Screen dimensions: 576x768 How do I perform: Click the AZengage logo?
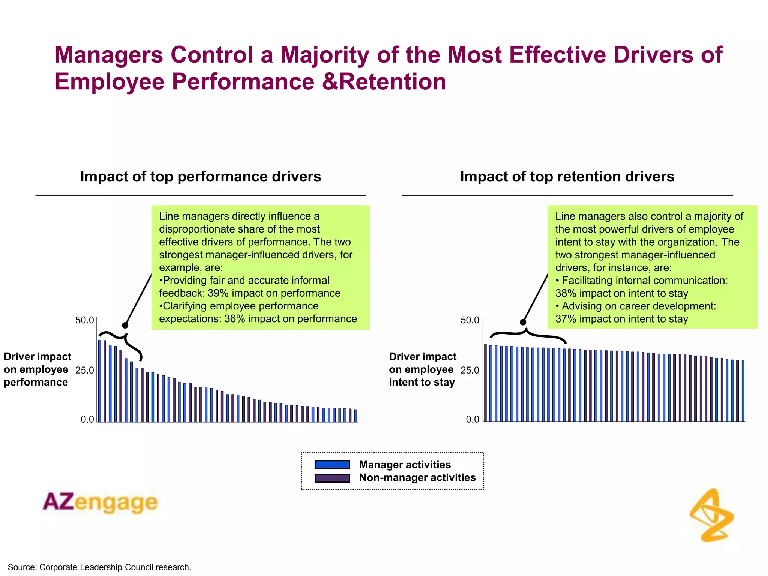coord(100,502)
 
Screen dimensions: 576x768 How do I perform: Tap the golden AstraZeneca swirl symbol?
coord(711,516)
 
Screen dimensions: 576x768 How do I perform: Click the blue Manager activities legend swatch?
coord(332,465)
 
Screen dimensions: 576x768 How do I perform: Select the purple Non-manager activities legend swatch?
coord(332,478)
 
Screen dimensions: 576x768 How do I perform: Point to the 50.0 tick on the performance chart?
coord(84,320)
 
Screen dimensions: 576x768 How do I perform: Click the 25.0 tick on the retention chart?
coord(469,370)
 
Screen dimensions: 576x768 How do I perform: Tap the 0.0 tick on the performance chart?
coord(87,419)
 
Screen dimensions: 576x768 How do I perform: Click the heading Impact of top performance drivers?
coord(201,177)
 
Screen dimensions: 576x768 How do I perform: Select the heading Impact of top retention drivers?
coord(567,177)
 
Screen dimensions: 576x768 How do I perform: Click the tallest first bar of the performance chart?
coord(99,381)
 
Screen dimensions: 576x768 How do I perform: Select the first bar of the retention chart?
coord(485,382)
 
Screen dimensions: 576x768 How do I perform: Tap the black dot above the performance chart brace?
coord(125,325)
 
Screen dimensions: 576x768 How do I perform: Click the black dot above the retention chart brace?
coord(523,322)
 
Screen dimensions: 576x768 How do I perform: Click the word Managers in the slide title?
coord(109,55)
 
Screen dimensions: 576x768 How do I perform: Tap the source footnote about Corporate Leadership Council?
coord(99,567)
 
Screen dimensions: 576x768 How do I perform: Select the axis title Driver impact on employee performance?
coord(37,369)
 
